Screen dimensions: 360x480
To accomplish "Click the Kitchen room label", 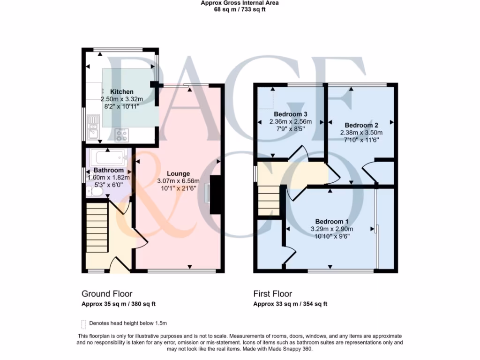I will coord(121,92).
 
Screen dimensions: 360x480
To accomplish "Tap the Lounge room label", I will coord(178,174).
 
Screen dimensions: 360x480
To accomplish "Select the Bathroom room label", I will coord(108,170).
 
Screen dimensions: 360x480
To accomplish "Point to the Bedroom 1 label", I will coord(331,222).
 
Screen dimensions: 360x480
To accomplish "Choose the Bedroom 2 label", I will coord(361,125).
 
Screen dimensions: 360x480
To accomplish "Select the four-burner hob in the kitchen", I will coord(122,135).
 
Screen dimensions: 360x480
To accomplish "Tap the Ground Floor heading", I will coord(107,294).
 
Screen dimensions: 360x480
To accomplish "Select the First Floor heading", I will coord(272,294).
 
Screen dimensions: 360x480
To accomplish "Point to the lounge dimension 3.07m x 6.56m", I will coord(178,181).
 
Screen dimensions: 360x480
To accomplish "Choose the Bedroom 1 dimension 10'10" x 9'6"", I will coord(331,236).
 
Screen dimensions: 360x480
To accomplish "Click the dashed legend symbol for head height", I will coord(83,323).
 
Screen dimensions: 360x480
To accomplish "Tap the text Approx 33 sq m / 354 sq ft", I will coord(290,304).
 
